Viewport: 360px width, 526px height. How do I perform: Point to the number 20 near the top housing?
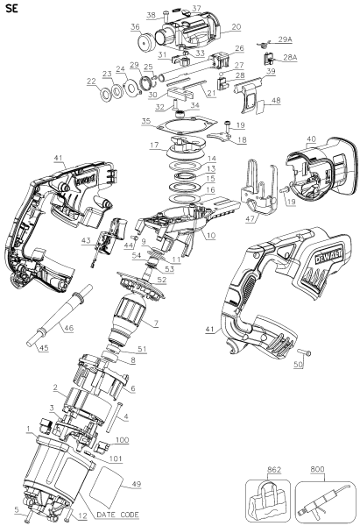point(236,27)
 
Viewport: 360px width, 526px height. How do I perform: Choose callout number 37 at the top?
point(195,8)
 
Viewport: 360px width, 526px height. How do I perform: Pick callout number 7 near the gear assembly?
point(156,324)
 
